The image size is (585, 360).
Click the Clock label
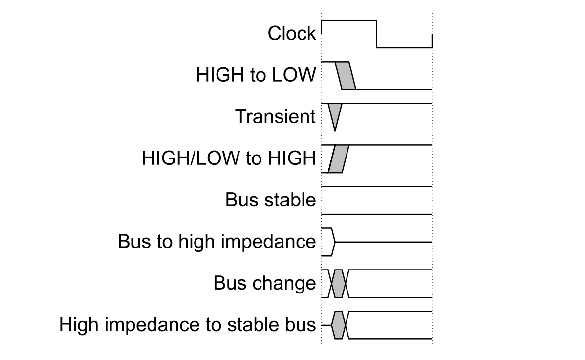(x=292, y=33)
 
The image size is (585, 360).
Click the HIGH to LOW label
(x=256, y=75)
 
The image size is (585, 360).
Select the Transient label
(x=275, y=116)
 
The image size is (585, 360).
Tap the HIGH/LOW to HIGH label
(x=229, y=158)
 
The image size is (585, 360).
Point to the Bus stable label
(x=270, y=200)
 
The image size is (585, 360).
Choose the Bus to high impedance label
(x=217, y=241)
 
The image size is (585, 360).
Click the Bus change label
(x=264, y=283)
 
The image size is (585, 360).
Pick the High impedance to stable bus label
(x=187, y=324)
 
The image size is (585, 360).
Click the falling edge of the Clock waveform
(x=377, y=34)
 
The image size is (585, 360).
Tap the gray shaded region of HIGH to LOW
(x=346, y=76)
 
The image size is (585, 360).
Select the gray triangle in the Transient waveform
(x=335, y=114)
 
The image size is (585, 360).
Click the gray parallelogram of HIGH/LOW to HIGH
(x=338, y=158)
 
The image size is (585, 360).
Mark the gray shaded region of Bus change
(x=338, y=283)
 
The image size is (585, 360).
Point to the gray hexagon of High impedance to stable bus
(x=338, y=325)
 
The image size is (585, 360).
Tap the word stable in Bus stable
(x=290, y=200)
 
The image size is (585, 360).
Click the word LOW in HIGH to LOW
(x=294, y=75)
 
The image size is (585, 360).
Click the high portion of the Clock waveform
(x=349, y=20)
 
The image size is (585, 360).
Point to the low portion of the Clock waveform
(x=405, y=48)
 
